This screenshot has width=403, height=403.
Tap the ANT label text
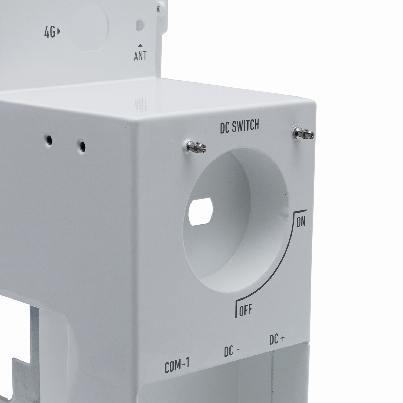140,56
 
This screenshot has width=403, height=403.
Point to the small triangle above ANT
140,46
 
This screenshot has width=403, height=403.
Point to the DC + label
277,340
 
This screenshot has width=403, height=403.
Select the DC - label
230,352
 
